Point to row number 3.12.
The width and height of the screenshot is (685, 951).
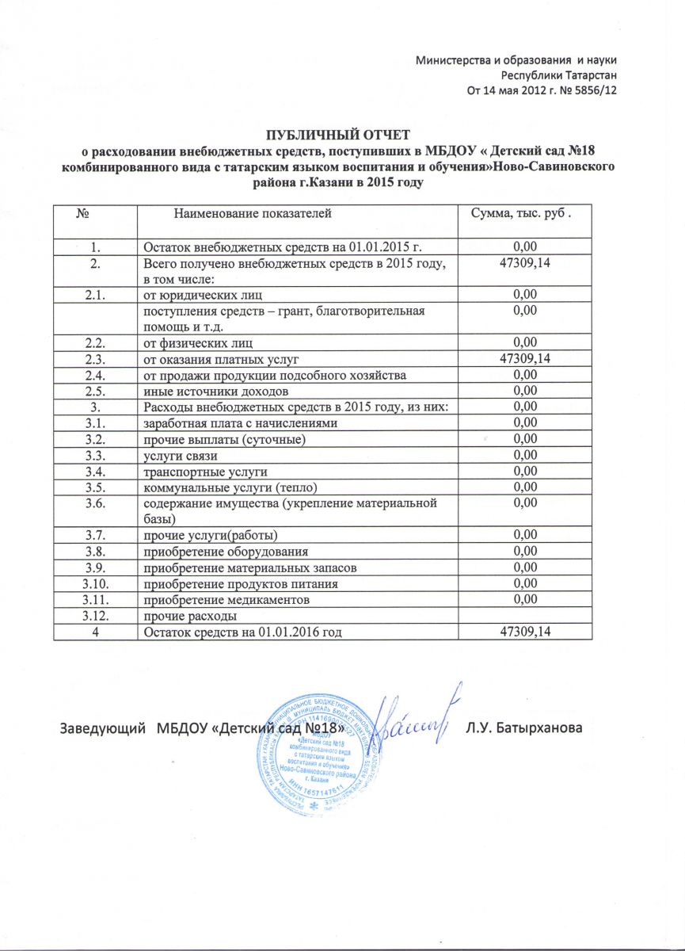point(94,616)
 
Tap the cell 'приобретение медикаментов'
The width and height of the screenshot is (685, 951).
point(226,600)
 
